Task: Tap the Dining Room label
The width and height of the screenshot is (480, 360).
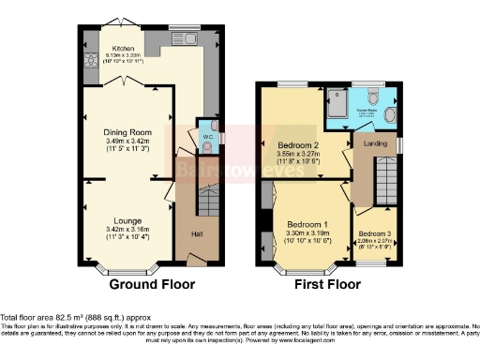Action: [127, 132]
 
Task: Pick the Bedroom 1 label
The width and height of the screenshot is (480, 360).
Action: [308, 225]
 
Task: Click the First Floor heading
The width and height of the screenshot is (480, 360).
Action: [328, 283]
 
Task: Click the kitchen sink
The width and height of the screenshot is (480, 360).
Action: [178, 39]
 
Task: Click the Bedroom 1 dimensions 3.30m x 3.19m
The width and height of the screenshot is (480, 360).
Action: [308, 233]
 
